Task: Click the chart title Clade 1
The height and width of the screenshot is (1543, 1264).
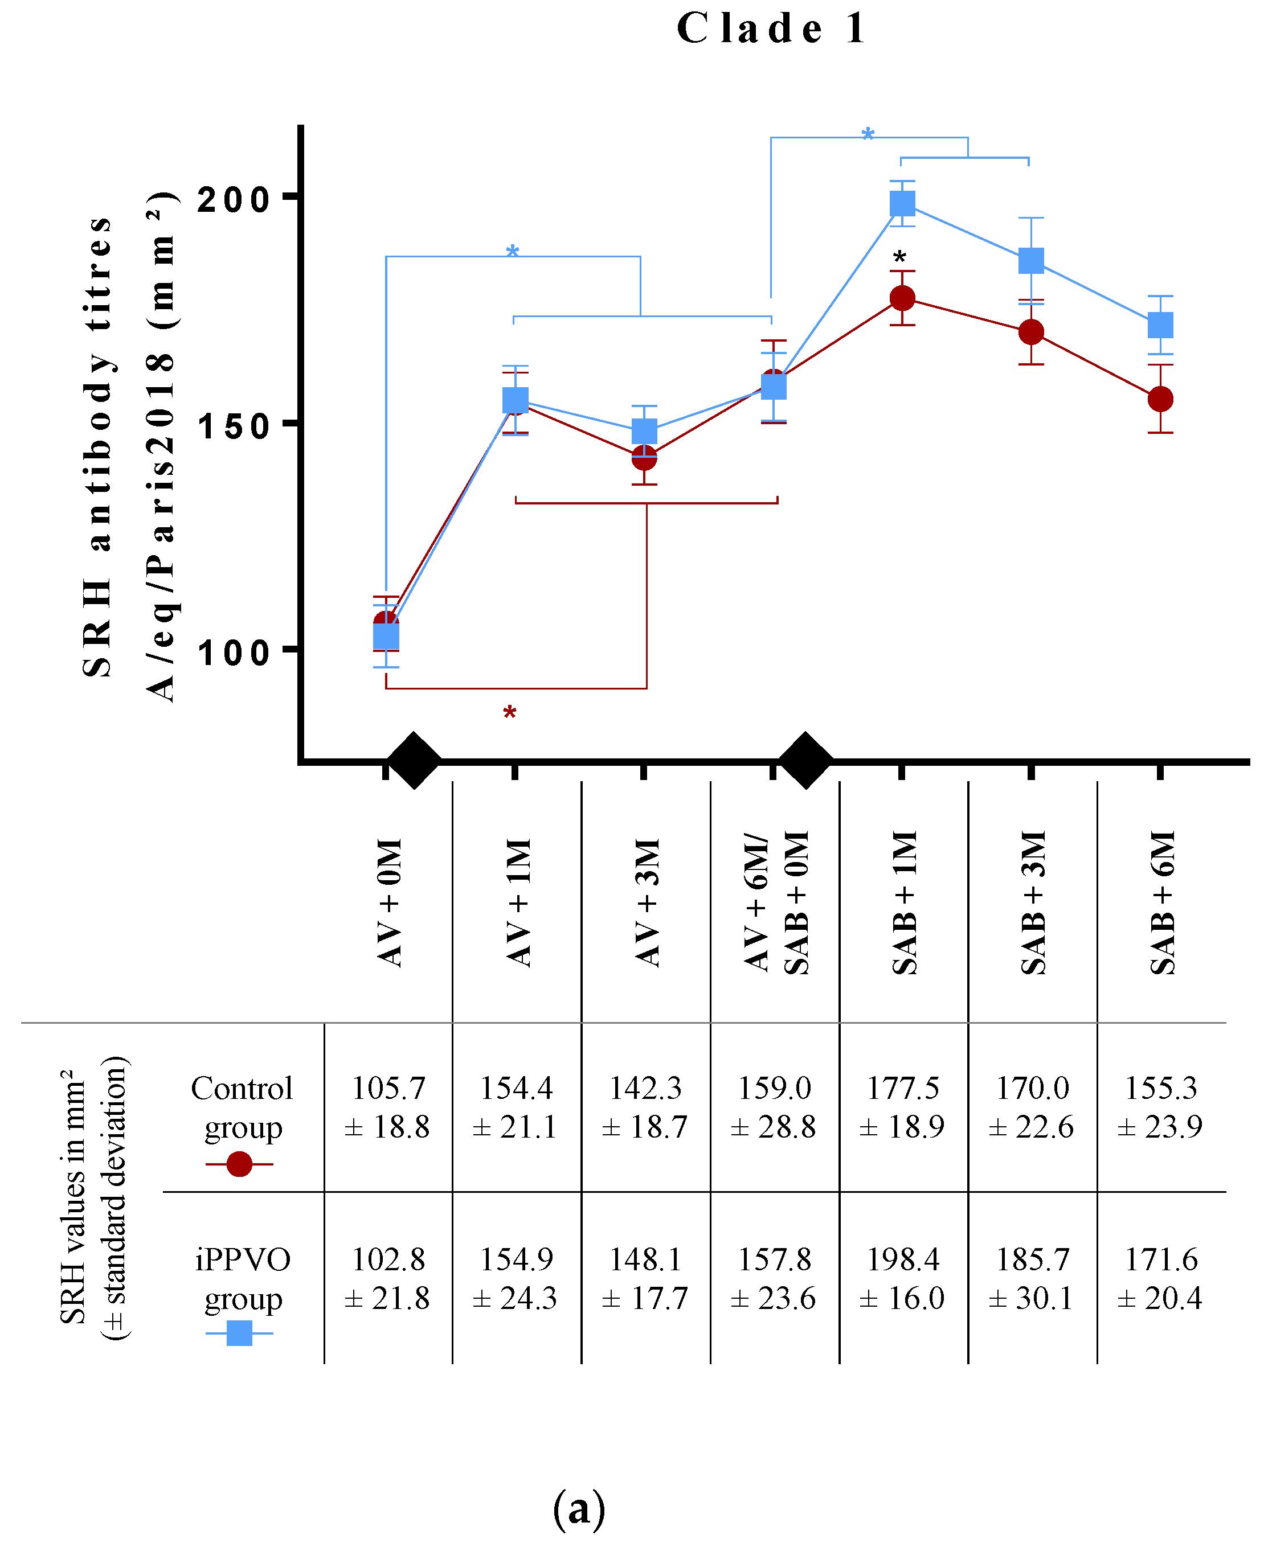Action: click(x=772, y=29)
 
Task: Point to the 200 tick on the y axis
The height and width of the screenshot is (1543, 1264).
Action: click(x=233, y=198)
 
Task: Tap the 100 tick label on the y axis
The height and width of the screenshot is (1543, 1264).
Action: click(x=233, y=652)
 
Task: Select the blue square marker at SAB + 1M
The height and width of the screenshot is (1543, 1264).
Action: click(x=902, y=203)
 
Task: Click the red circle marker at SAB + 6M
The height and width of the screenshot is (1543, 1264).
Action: click(x=1160, y=399)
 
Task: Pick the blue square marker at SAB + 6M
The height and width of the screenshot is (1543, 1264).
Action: click(x=1160, y=325)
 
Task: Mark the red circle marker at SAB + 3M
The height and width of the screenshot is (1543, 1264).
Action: click(x=1031, y=333)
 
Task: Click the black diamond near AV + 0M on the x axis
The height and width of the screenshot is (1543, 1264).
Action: click(x=414, y=761)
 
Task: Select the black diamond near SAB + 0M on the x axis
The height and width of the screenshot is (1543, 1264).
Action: click(x=805, y=761)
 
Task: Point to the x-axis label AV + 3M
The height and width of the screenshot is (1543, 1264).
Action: click(x=646, y=902)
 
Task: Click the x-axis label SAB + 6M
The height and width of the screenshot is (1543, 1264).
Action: click(x=1162, y=902)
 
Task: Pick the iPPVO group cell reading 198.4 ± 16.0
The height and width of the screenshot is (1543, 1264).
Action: click(x=902, y=1278)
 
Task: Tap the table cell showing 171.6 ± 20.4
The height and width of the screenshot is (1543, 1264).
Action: click(x=1160, y=1278)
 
